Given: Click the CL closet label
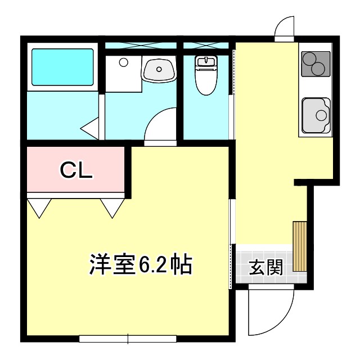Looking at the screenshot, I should click(x=76, y=169).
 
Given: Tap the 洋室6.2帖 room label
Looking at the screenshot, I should click(x=141, y=264).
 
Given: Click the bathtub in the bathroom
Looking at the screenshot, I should click(x=62, y=67).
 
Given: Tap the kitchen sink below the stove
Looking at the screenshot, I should click(x=316, y=115).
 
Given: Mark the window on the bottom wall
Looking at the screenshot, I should click(x=128, y=339).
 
